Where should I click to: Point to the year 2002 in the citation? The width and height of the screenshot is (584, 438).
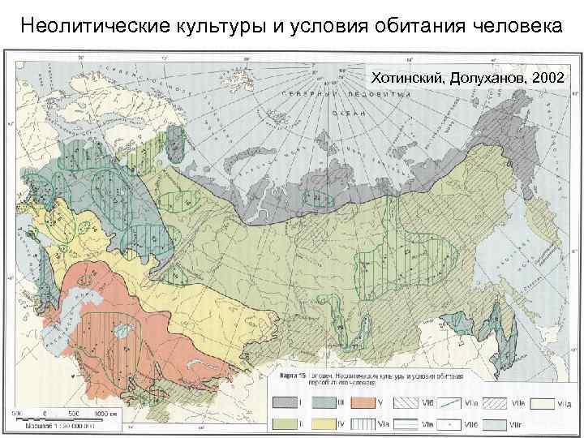(551, 79)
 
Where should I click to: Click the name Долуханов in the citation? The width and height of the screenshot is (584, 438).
(487, 79)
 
